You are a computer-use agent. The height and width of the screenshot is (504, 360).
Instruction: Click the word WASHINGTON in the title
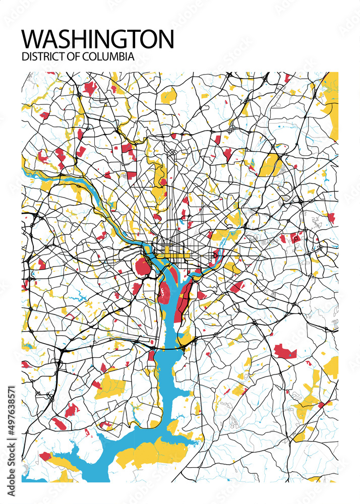click(x=98, y=39)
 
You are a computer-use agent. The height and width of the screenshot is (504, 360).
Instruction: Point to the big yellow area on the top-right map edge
click(x=332, y=108)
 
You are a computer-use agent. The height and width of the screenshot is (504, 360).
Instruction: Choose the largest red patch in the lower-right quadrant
click(x=284, y=351)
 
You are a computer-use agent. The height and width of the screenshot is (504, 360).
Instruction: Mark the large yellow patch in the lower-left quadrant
click(x=110, y=386)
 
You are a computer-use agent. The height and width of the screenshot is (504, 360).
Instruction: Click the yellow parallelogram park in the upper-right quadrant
click(x=271, y=165)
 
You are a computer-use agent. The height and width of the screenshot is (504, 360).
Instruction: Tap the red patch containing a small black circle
click(x=296, y=238)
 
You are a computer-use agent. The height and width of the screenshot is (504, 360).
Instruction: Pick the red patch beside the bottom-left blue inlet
click(x=46, y=456)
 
